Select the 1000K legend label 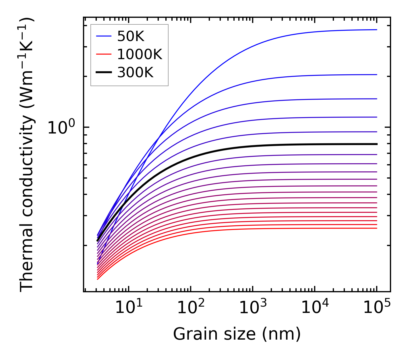[140, 54]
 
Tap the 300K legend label [135, 73]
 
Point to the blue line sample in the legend [104, 36]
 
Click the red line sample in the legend [104, 54]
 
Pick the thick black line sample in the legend [104, 72]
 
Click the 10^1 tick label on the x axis [128, 308]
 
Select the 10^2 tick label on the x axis [191, 308]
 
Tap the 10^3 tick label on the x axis [253, 308]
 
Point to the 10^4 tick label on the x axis [315, 308]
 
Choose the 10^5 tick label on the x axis [377, 308]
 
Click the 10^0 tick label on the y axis [61, 128]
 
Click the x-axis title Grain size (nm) [237, 334]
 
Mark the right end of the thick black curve [376, 144]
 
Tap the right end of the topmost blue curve [376, 30]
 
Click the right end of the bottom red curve [376, 228]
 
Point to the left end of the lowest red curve [98, 279]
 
